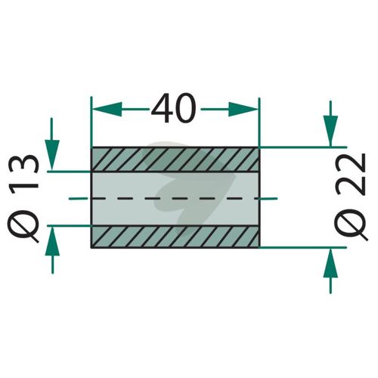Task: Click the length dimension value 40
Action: (174, 108)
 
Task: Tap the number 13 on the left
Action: (24, 172)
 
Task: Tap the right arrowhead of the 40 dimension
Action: (243, 110)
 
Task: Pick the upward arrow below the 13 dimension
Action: (52, 250)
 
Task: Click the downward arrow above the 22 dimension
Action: (330, 123)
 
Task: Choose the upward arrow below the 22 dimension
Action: (330, 271)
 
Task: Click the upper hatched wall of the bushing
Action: (175, 160)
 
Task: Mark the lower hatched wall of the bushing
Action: (175, 237)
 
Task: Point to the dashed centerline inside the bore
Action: (173, 199)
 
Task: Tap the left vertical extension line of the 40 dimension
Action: (91, 122)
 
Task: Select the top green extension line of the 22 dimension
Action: (303, 147)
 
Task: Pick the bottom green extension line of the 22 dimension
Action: (303, 247)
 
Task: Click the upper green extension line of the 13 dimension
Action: (69, 172)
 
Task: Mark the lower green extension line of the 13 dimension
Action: (69, 225)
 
